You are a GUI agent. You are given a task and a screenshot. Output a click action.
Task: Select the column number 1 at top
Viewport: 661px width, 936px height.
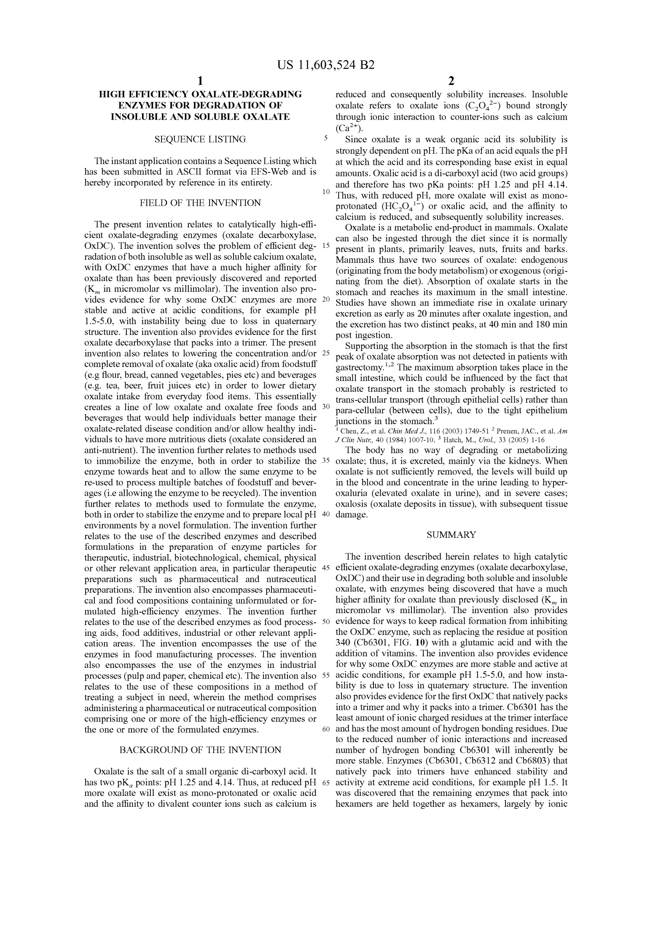point(200,81)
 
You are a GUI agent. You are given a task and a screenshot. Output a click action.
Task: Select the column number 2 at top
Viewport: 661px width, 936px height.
point(451,81)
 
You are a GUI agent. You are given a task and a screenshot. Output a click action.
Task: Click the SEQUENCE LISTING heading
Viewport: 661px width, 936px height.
point(200,139)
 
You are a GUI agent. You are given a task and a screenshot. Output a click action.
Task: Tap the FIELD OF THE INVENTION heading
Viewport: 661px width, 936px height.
point(200,203)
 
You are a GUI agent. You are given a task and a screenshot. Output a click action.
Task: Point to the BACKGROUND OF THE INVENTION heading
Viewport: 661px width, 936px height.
point(200,750)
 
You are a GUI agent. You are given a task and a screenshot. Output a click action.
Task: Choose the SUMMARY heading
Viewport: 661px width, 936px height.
point(451,535)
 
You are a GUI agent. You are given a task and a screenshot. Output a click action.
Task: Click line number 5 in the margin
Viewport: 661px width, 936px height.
point(326,138)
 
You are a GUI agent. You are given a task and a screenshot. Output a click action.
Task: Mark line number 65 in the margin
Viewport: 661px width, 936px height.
point(326,782)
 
